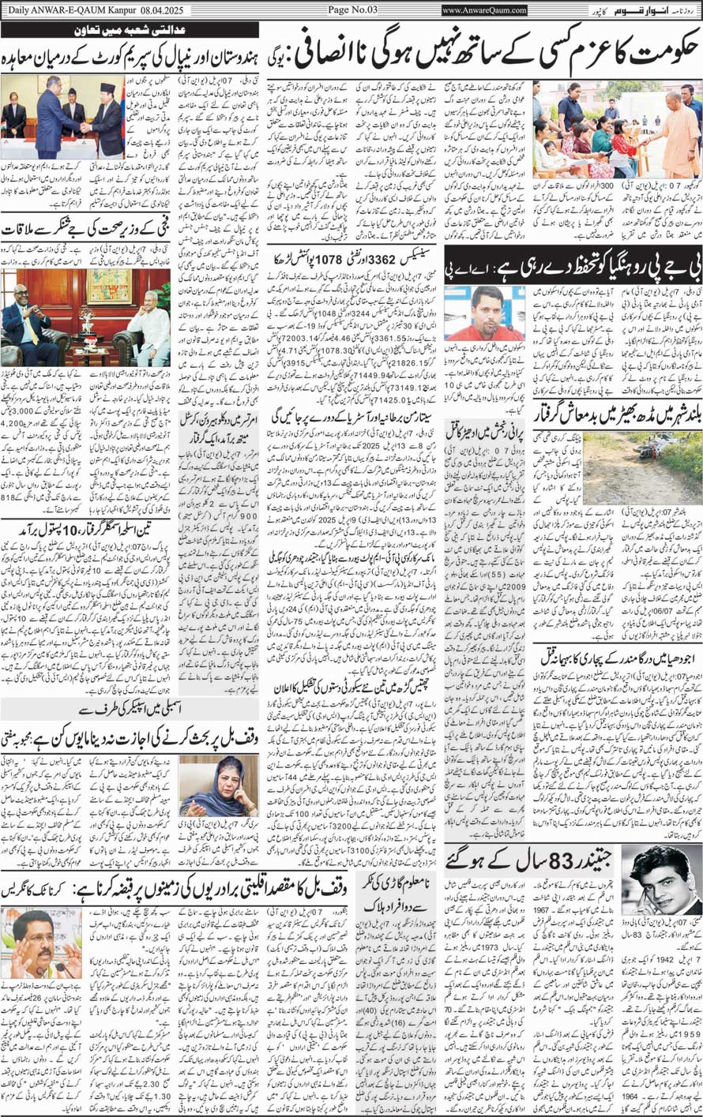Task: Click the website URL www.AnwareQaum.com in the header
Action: click(x=484, y=10)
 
